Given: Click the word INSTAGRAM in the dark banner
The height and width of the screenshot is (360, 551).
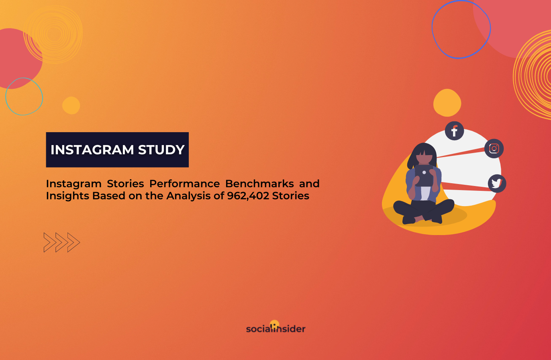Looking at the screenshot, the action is click(92, 149).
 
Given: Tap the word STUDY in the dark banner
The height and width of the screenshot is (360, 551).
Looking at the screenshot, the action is click(161, 149).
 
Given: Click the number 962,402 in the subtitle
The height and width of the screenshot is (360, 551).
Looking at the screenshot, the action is click(248, 196).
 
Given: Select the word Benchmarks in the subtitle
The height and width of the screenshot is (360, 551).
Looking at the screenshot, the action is click(259, 184).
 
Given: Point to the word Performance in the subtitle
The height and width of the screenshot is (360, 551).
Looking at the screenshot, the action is click(184, 184).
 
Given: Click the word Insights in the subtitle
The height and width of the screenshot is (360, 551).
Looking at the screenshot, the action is click(67, 196).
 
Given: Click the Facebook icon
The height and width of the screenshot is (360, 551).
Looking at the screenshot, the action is click(454, 131).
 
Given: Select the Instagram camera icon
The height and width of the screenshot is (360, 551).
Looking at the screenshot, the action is click(494, 149).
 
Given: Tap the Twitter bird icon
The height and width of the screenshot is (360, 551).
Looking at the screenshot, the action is click(497, 184).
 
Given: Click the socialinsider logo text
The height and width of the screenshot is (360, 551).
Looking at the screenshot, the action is click(275, 329).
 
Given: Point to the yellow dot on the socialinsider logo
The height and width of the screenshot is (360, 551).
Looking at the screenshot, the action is click(275, 324).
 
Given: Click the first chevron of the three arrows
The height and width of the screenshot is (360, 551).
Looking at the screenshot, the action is click(50, 242).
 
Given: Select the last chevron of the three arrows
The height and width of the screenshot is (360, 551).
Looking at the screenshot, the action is click(73, 242).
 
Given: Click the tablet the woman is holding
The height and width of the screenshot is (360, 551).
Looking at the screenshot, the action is click(424, 176).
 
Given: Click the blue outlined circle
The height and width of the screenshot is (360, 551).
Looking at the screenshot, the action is click(432, 29).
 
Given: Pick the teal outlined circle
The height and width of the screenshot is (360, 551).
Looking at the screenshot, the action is click(6, 96).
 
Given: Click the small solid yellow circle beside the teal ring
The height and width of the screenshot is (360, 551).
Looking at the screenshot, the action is click(71, 105).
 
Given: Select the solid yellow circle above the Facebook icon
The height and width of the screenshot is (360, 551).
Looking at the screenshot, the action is click(447, 102).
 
